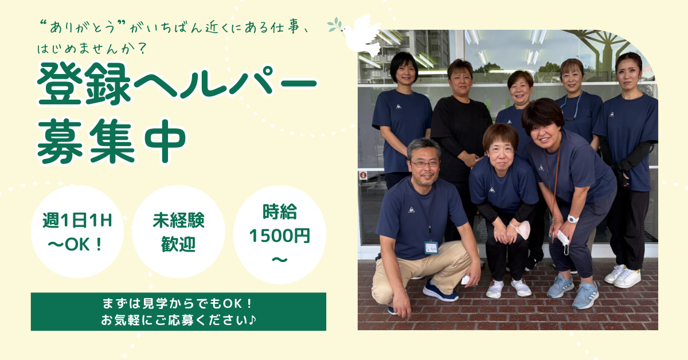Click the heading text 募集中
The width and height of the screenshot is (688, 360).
pyautogui.click(x=111, y=140)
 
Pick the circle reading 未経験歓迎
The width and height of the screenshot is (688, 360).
pyautogui.click(x=178, y=232)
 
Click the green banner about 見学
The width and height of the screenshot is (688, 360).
pyautogui.click(x=178, y=311)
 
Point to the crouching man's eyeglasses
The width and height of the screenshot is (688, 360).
pyautogui.click(x=425, y=164)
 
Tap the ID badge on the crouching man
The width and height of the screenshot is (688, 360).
pyautogui.click(x=431, y=247)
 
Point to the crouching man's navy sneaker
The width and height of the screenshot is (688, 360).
pyautogui.click(x=440, y=291)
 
